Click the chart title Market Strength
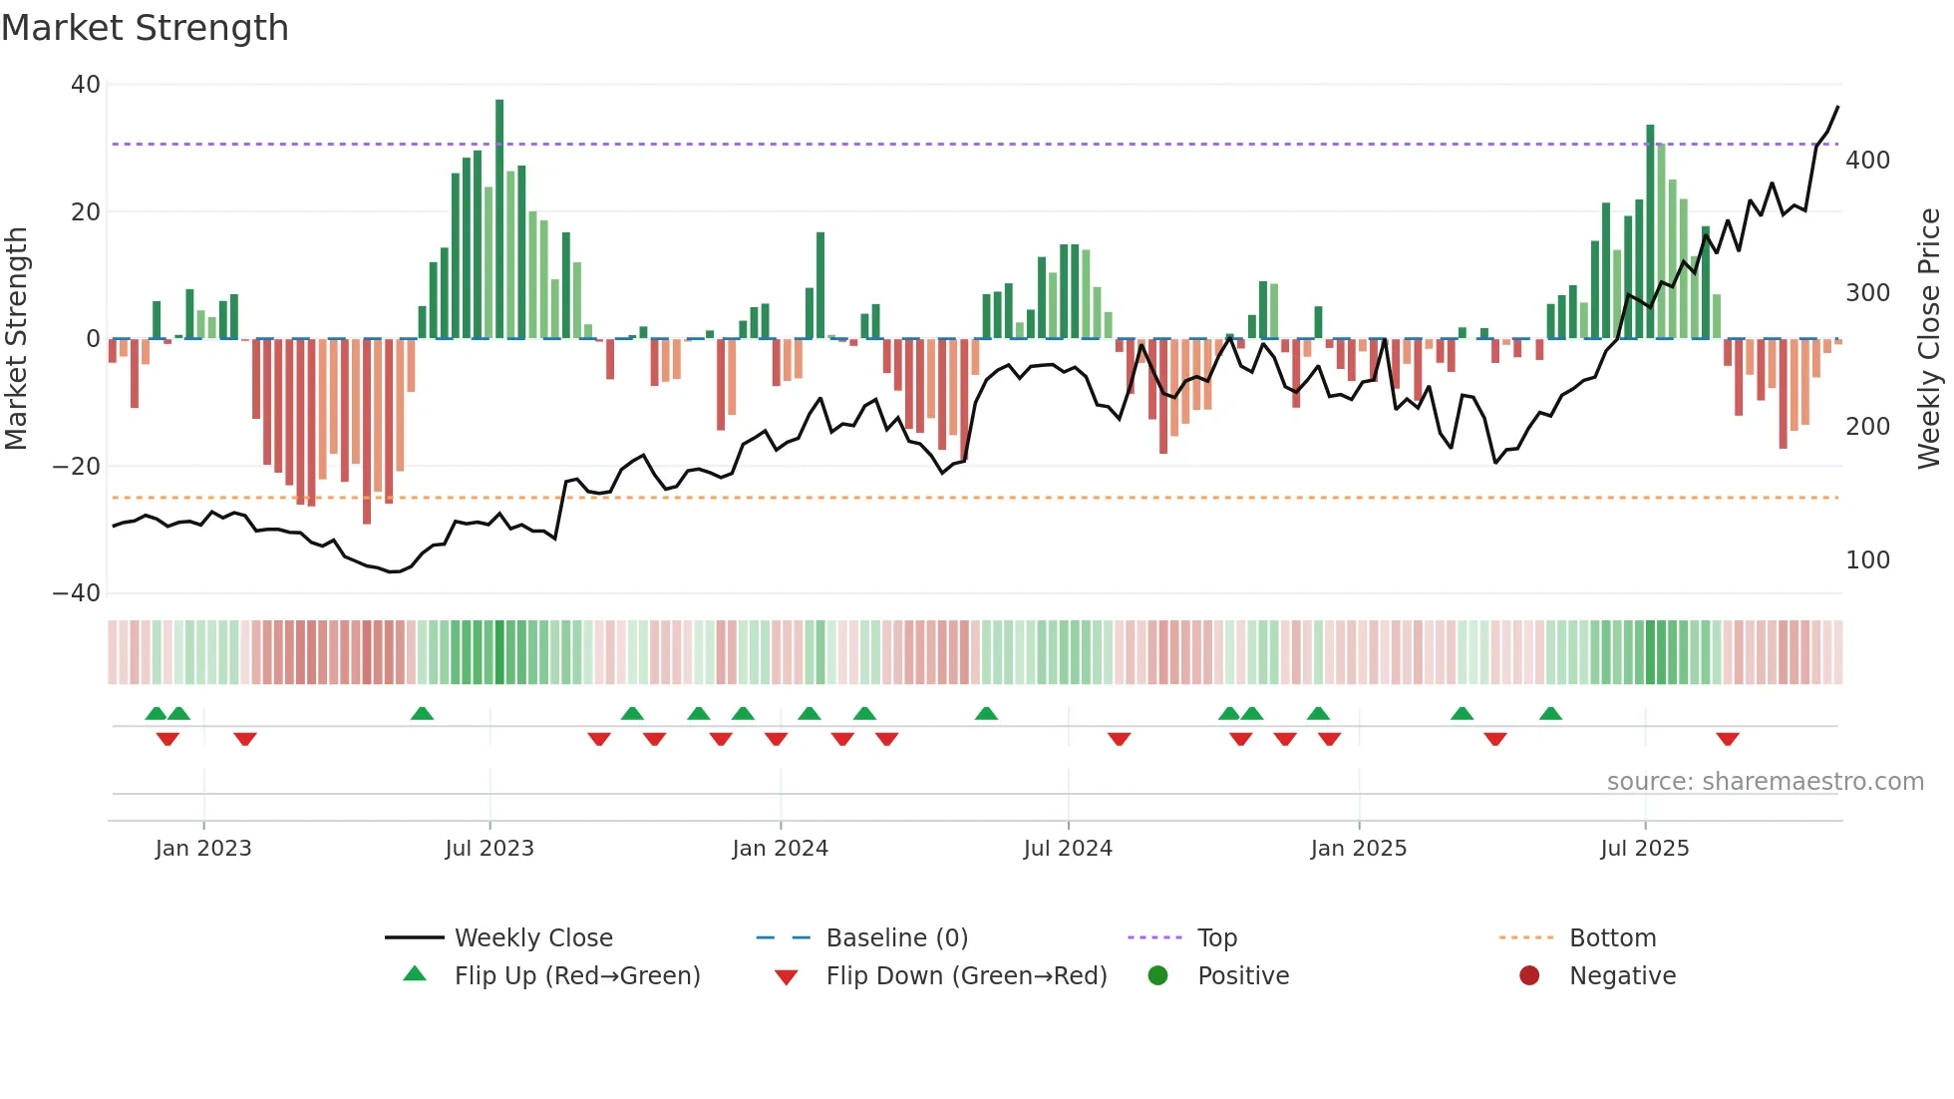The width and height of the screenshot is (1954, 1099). (145, 28)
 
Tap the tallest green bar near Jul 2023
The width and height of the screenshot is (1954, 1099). (499, 219)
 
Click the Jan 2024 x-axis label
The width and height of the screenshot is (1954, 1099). (780, 849)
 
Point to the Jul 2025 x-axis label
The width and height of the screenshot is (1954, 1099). (1644, 849)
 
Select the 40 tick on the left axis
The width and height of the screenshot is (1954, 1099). (86, 85)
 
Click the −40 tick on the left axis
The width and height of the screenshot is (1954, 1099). (77, 593)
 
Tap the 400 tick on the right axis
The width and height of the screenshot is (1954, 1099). (1867, 161)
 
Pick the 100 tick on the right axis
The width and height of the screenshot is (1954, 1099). (1867, 560)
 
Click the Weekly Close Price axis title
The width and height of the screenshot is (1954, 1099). (1929, 338)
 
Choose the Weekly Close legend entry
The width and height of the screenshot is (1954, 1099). (532, 938)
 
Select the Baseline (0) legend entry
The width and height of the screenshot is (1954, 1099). (896, 938)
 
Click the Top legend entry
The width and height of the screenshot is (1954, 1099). (1216, 938)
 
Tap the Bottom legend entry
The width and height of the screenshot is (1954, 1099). (1612, 938)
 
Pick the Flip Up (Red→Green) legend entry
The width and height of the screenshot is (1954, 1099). (576, 976)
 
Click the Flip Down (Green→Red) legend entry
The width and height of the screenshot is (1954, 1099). (965, 976)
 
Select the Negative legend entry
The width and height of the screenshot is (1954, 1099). (1622, 976)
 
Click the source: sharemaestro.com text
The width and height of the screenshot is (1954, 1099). (1765, 782)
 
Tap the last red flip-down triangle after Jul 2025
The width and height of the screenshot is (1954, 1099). (1728, 739)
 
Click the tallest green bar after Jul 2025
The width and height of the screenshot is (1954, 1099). (1650, 231)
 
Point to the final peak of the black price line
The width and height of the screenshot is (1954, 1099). (1837, 107)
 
